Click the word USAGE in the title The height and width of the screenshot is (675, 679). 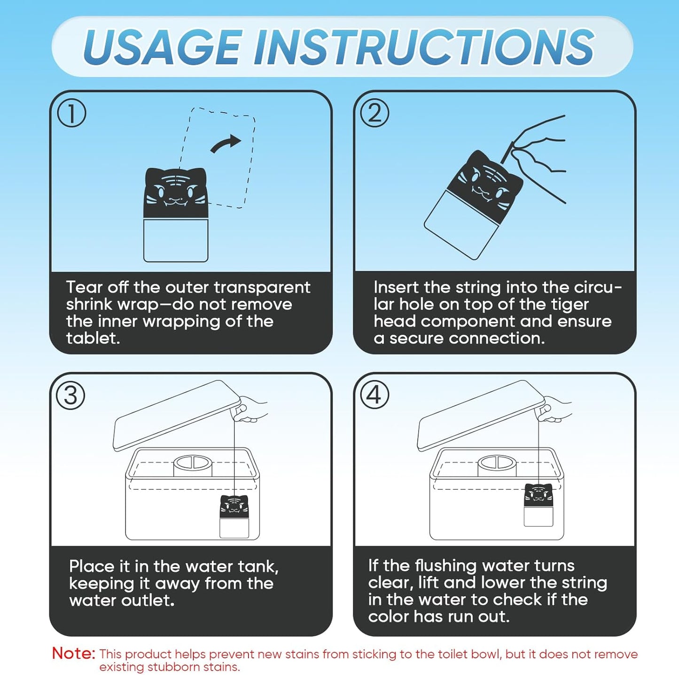click(163, 47)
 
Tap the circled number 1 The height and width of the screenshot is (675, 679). click(71, 113)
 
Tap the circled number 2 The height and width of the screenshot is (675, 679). click(375, 113)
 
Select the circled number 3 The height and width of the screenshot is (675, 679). click(71, 396)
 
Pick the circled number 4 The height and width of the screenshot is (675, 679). click(374, 395)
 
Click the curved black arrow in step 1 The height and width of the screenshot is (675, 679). click(226, 143)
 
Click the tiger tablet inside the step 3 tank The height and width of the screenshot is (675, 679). click(234, 516)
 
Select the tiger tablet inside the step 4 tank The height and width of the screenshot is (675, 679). click(538, 505)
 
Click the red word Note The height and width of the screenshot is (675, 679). click(74, 653)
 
